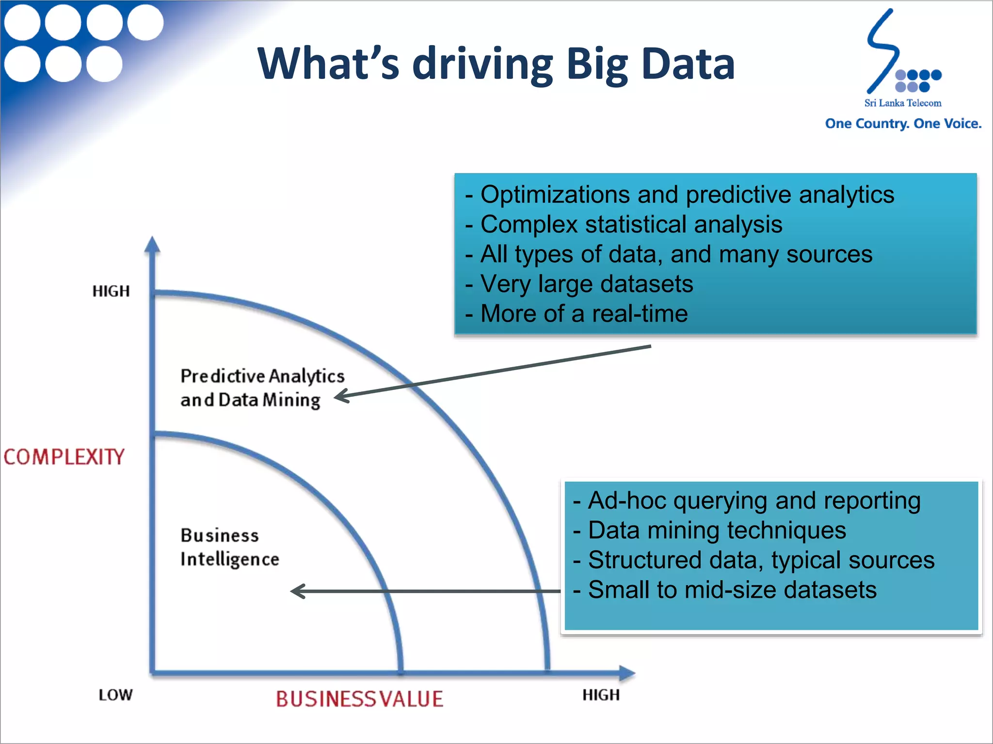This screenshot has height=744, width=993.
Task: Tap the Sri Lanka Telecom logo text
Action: click(902, 103)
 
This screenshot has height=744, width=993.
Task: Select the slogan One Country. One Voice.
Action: click(903, 124)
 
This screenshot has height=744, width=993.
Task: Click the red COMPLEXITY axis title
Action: click(64, 457)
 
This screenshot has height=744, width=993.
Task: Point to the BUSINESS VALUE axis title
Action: click(359, 699)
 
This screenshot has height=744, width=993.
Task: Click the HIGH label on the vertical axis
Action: click(111, 291)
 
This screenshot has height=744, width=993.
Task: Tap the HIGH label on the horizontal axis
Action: click(601, 695)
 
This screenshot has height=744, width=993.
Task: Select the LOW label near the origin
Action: click(115, 695)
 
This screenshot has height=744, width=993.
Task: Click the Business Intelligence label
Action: click(229, 547)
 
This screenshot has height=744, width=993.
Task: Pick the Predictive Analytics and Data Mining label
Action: click(262, 387)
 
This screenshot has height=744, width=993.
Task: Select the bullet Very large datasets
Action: click(586, 284)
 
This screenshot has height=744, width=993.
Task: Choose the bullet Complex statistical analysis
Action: click(631, 224)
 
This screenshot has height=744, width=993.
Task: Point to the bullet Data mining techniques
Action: click(717, 530)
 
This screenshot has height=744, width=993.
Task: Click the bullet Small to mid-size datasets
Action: click(732, 589)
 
